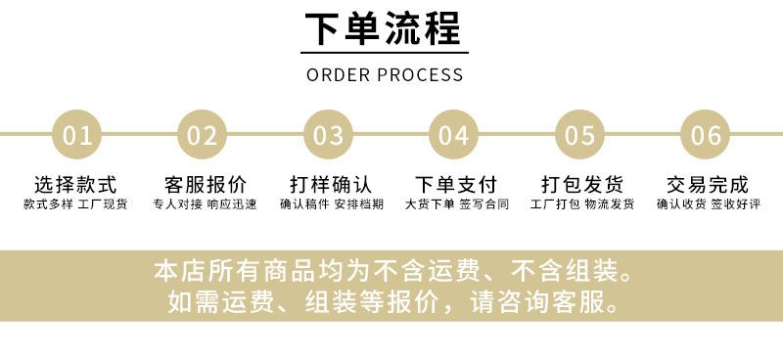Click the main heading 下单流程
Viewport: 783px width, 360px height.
tap(384, 28)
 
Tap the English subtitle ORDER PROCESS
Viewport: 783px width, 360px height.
tap(385, 75)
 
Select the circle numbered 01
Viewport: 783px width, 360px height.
tap(77, 134)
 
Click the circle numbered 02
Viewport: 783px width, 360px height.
tap(203, 134)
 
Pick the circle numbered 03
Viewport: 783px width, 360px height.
tap(328, 134)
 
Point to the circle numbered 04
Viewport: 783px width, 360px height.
tap(453, 134)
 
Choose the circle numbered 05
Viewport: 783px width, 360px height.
tap(579, 134)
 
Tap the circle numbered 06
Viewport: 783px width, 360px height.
tap(706, 134)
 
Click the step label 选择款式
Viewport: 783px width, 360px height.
tap(75, 185)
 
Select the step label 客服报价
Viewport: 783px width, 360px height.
tap(206, 185)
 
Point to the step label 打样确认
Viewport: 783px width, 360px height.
tap(331, 185)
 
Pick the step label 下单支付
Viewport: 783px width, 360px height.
tap(456, 185)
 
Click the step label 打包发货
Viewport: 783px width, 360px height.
tap(582, 185)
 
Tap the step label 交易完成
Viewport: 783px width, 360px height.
tap(708, 185)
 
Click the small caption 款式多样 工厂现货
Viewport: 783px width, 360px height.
tap(75, 204)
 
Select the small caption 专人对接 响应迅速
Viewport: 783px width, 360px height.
tap(205, 204)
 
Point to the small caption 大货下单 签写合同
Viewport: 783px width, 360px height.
tap(456, 204)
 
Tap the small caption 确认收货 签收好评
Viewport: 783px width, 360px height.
tap(708, 204)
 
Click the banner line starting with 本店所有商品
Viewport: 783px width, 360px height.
tap(392, 271)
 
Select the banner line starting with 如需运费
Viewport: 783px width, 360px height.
tap(392, 301)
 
